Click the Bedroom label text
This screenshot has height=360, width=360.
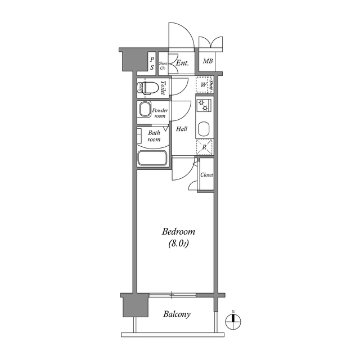(x=178, y=232)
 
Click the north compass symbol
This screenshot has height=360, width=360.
(x=232, y=321)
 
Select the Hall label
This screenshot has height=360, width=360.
(x=181, y=129)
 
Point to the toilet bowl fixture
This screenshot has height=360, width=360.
(x=149, y=88)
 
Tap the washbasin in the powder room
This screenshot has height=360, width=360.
(x=145, y=110)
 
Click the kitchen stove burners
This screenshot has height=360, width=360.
(x=203, y=104)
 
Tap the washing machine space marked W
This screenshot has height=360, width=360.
(x=203, y=85)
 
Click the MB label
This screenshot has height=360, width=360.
(x=208, y=62)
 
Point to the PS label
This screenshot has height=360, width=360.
(x=152, y=64)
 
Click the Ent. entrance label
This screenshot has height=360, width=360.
(x=182, y=64)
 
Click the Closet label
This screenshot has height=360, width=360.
(x=207, y=175)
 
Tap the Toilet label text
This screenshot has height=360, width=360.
(x=163, y=88)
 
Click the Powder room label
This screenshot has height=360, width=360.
(x=160, y=112)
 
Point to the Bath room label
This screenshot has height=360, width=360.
(x=154, y=136)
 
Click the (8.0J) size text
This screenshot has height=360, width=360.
(x=178, y=244)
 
